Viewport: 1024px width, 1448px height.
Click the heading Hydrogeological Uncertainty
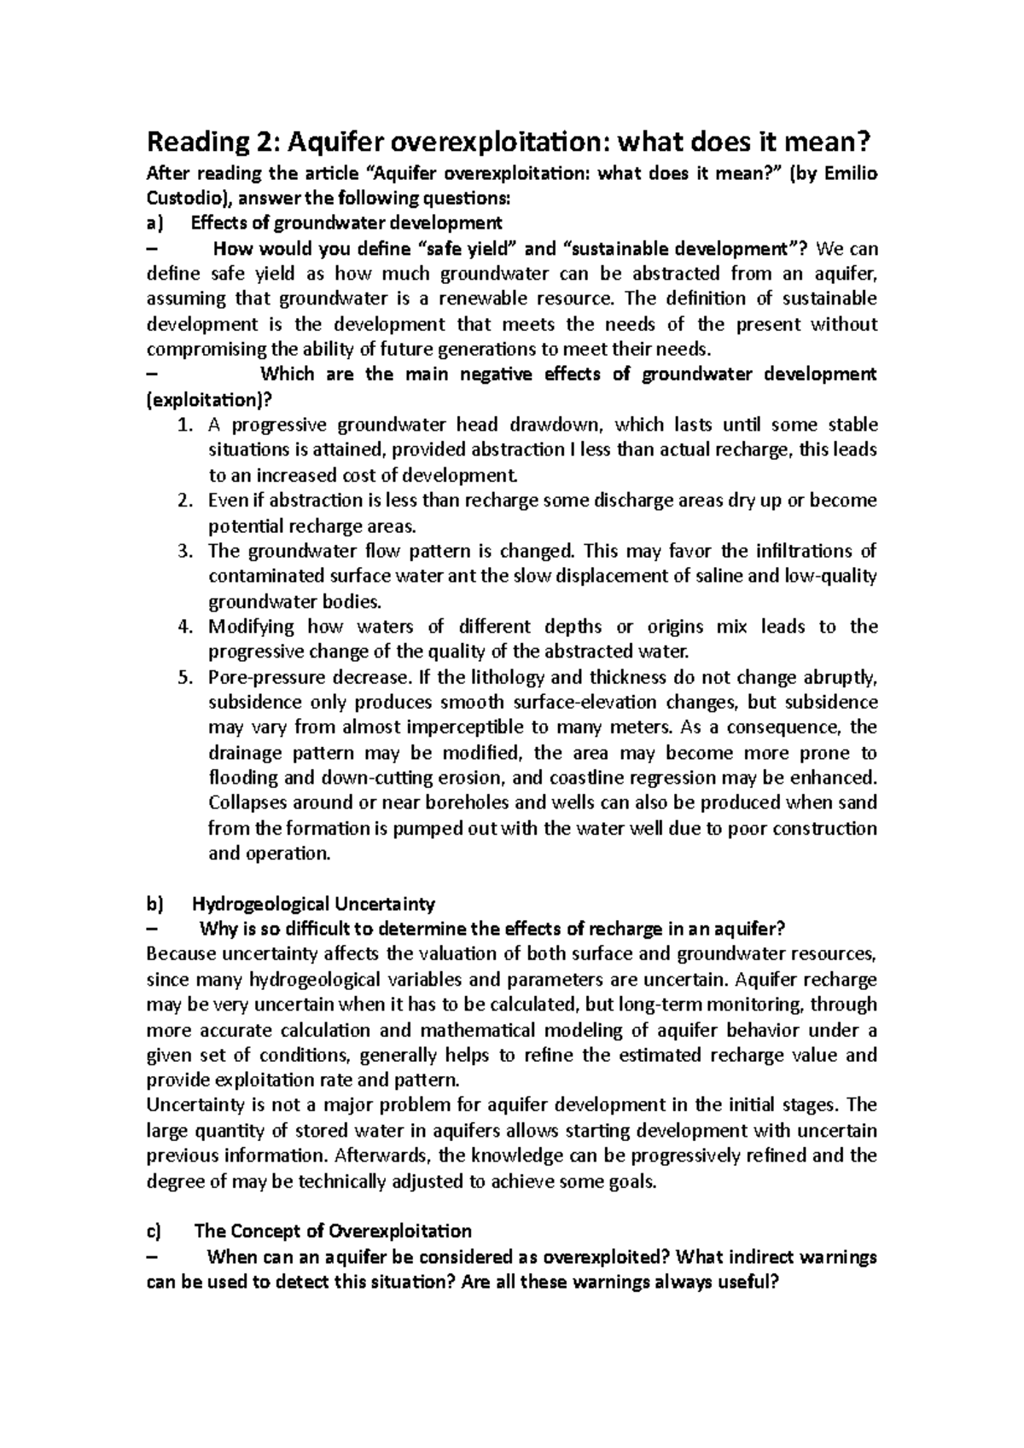[x=313, y=904]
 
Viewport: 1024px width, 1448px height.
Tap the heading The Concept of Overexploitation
[x=333, y=1231]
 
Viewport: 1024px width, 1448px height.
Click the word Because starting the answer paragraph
[x=181, y=954]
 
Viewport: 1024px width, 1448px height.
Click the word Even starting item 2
[x=226, y=501]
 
